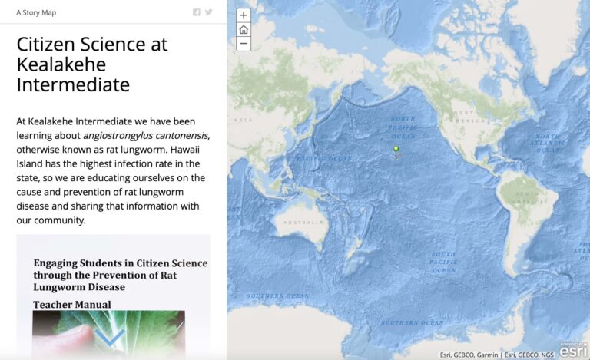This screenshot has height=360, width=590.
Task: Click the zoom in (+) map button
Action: point(244,15)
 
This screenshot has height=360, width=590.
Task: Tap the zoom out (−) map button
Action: point(244,44)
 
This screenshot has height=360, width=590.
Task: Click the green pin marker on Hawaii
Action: point(396,150)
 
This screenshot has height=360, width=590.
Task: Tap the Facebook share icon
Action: point(197,12)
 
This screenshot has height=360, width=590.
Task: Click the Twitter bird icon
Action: point(209,12)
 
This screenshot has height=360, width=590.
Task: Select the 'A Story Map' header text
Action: point(36,12)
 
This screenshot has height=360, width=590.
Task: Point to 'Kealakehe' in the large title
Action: point(61,64)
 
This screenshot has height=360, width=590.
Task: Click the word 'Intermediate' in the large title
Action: point(73,84)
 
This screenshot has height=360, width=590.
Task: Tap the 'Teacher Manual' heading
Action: point(71,305)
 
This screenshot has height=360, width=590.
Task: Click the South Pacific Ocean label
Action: point(443,262)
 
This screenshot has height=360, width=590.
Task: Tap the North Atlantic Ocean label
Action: point(548,144)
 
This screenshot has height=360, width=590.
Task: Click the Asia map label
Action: point(243,120)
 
